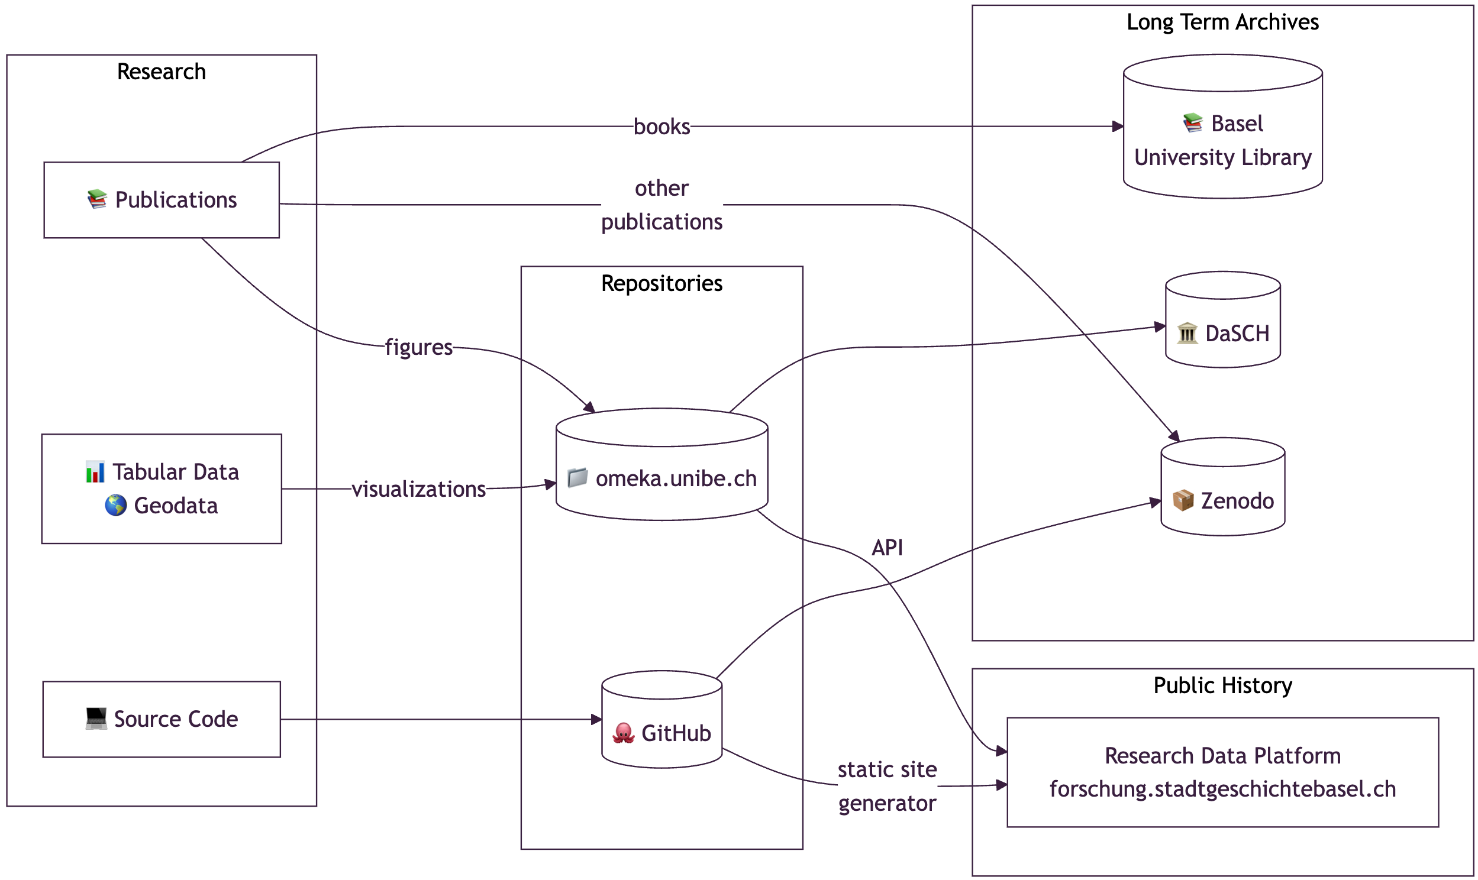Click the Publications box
162,200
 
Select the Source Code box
162,720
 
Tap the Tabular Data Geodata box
162,489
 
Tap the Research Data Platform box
1224,773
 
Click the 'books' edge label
662,127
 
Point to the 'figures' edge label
419,348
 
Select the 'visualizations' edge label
419,489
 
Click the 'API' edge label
888,548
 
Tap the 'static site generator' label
888,787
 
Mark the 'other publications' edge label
662,205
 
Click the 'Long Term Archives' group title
1223,22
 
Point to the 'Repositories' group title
662,283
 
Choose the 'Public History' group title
1223,686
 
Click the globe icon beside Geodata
115,506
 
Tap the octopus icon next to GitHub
624,733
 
